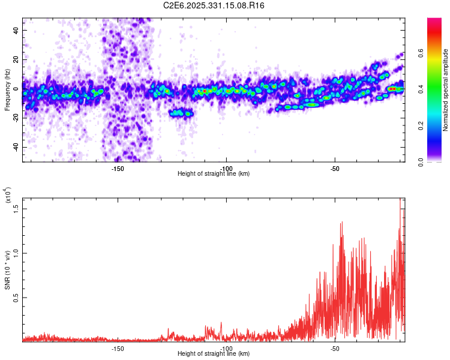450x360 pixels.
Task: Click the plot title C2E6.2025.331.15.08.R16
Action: pyautogui.click(x=214, y=5)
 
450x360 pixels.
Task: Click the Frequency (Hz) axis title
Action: pyautogui.click(x=7, y=90)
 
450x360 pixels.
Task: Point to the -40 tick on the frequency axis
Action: pyautogui.click(x=15, y=148)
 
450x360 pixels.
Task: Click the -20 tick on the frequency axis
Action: pyautogui.click(x=15, y=118)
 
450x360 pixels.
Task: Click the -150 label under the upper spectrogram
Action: pyautogui.click(x=118, y=168)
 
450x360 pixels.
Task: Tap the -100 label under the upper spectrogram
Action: pyautogui.click(x=227, y=168)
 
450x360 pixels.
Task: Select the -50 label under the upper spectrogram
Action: pyautogui.click(x=335, y=168)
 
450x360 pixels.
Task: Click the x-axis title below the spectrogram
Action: pyautogui.click(x=214, y=174)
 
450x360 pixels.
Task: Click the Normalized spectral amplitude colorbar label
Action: pyautogui.click(x=446, y=90)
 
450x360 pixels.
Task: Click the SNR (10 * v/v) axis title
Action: pyautogui.click(x=7, y=270)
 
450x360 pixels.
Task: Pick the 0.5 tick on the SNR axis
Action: pyautogui.click(x=16, y=298)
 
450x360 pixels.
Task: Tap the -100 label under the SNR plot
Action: pyautogui.click(x=227, y=349)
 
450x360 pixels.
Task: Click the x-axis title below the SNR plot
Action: pyautogui.click(x=214, y=354)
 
